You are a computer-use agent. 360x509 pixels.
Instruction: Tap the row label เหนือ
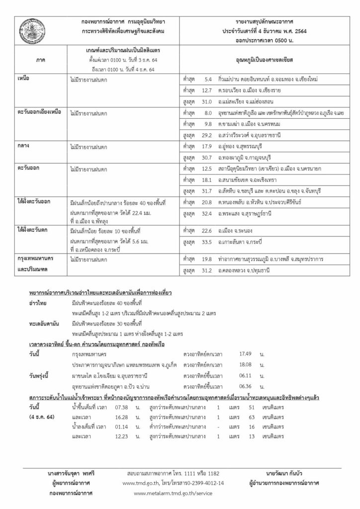(x=23, y=79)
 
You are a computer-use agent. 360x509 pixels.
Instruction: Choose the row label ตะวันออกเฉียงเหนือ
(x=39, y=112)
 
